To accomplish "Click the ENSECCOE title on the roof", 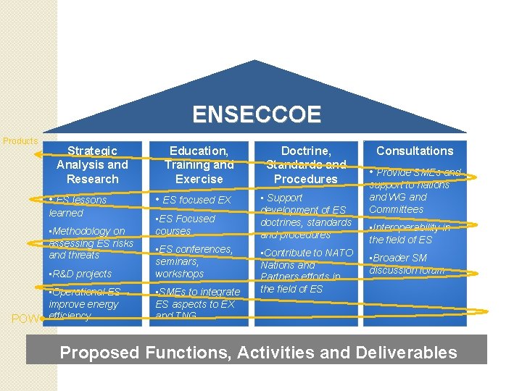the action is point(257,114).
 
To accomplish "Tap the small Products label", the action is point(20,140).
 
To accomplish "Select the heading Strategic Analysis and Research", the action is point(92,164).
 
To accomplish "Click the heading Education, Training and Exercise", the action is point(199,164).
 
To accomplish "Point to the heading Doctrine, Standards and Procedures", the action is point(305,164).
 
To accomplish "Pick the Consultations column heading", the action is point(415,151).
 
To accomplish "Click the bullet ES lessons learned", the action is point(77,206).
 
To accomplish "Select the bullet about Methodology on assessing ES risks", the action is point(90,243).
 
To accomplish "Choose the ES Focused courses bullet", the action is point(186,224).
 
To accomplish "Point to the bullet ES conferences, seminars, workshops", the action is point(194,261).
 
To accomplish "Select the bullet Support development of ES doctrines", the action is point(305,216).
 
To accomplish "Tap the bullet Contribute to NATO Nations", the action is point(306,271).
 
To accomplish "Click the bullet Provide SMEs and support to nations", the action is point(414,191).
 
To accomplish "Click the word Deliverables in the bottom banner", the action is point(407,353).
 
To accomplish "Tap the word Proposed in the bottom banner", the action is point(99,353).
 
